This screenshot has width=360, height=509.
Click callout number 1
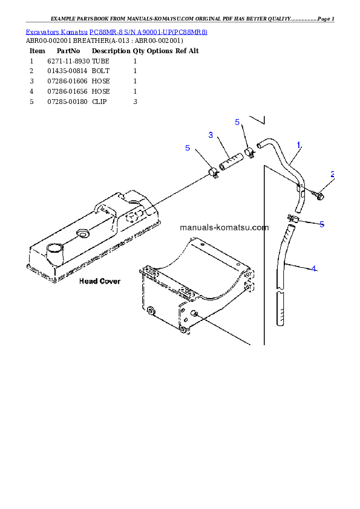click(x=299, y=145)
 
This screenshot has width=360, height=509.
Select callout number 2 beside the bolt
click(x=332, y=174)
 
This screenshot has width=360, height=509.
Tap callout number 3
click(x=211, y=135)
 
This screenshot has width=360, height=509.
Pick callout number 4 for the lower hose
click(x=313, y=268)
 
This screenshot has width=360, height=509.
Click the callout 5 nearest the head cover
click(x=188, y=148)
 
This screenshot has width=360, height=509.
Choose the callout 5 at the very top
click(x=237, y=122)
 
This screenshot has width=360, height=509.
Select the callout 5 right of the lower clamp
click(x=322, y=224)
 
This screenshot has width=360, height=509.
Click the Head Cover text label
click(x=100, y=281)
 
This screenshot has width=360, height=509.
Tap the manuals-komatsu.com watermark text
click(x=224, y=228)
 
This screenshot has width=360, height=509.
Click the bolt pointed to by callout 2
click(x=318, y=195)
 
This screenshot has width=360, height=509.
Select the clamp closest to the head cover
click(x=214, y=174)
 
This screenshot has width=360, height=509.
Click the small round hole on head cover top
click(x=82, y=233)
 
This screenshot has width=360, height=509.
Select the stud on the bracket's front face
click(x=195, y=313)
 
